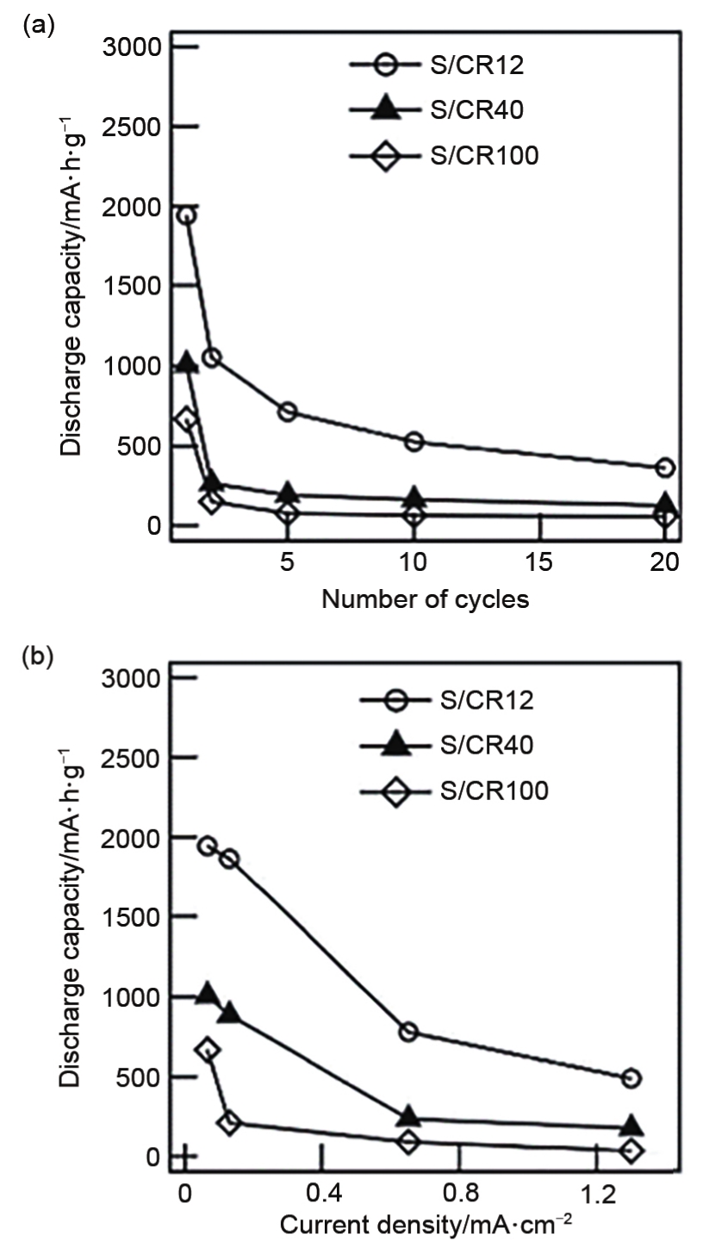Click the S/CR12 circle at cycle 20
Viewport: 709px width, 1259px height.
click(x=664, y=468)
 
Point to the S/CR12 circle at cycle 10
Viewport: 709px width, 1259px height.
click(x=414, y=441)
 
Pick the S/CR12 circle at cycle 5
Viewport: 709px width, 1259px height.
click(x=289, y=412)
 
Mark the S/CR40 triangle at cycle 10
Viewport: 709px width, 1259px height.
click(x=414, y=497)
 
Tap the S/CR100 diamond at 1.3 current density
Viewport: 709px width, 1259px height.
click(x=631, y=1150)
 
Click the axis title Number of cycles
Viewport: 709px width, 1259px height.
click(x=426, y=599)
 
